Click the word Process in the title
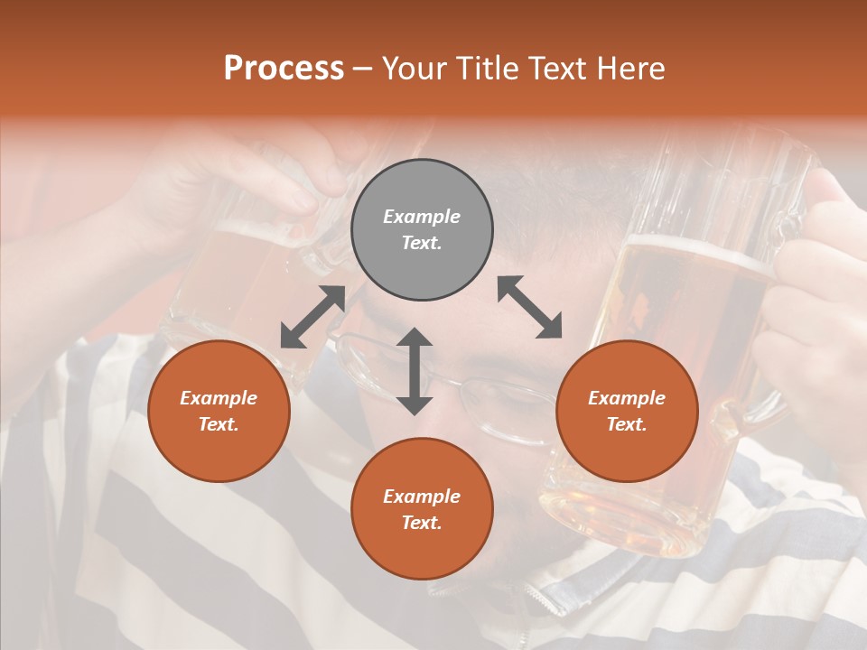pyautogui.click(x=284, y=69)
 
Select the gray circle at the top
pyautogui.click(x=422, y=230)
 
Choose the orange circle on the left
pyautogui.click(x=219, y=411)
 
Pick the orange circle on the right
pyautogui.click(x=627, y=411)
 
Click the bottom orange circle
pyautogui.click(x=422, y=508)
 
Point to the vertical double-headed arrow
pyautogui.click(x=415, y=371)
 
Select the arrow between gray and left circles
pyautogui.click(x=312, y=317)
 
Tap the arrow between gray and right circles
pyautogui.click(x=529, y=307)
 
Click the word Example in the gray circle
pyautogui.click(x=422, y=217)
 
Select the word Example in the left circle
pyautogui.click(x=219, y=398)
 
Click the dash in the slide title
pyautogui.click(x=363, y=69)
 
